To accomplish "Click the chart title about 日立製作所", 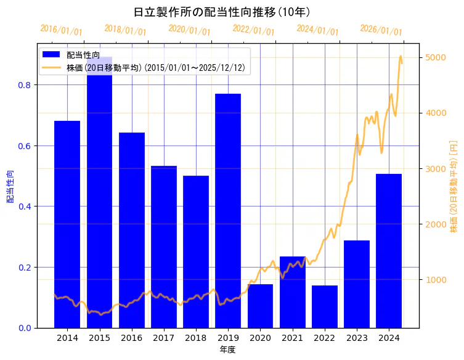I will pyautogui.click(x=222, y=12).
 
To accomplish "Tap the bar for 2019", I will pyautogui.click(x=228, y=210).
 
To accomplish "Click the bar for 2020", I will pyautogui.click(x=260, y=306).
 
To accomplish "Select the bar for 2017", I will pyautogui.click(x=164, y=247).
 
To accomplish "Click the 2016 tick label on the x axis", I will pyautogui.click(x=131, y=338).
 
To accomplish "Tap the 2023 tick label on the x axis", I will pyautogui.click(x=357, y=338).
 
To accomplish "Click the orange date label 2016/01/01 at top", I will pyautogui.click(x=61, y=30).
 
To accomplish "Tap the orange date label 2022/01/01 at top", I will pyautogui.click(x=253, y=30).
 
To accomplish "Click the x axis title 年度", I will pyautogui.click(x=227, y=350).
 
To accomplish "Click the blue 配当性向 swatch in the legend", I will pyautogui.click(x=52, y=55).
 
